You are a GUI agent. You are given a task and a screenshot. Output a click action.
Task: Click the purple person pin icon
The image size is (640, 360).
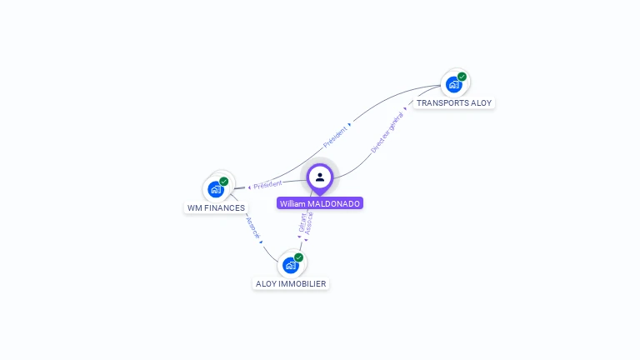[x=320, y=177]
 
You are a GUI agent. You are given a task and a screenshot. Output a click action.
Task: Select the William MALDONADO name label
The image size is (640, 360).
[x=320, y=203]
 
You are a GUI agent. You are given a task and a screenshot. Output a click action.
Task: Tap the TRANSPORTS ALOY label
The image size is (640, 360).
[x=454, y=103]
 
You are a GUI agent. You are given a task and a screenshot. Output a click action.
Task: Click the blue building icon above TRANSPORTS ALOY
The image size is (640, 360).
[x=453, y=84]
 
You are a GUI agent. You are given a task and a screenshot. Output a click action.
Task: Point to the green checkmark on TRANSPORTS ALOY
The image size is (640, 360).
[x=462, y=77]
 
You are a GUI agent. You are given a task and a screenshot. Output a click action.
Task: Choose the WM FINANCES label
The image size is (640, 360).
[x=216, y=207]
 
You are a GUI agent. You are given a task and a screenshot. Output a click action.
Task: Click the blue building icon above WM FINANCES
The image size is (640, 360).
[x=216, y=189]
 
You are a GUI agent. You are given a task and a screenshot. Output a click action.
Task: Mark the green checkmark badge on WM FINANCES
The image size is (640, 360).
[x=223, y=182]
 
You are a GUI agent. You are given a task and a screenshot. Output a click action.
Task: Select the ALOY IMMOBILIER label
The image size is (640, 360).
[x=291, y=284]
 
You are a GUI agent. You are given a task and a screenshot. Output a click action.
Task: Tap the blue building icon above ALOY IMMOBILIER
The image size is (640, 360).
[x=290, y=265]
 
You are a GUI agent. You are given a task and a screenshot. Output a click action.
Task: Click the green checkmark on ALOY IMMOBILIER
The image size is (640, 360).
[x=298, y=257]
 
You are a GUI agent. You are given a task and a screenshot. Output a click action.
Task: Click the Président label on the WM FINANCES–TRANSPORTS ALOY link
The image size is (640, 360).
[x=337, y=136]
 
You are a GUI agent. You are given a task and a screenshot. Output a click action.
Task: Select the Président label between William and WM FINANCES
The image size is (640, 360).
[x=268, y=184]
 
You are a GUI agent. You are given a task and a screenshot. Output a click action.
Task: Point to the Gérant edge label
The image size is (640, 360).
[x=302, y=222]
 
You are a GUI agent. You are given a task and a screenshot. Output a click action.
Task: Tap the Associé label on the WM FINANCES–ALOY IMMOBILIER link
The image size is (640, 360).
[x=252, y=227]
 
